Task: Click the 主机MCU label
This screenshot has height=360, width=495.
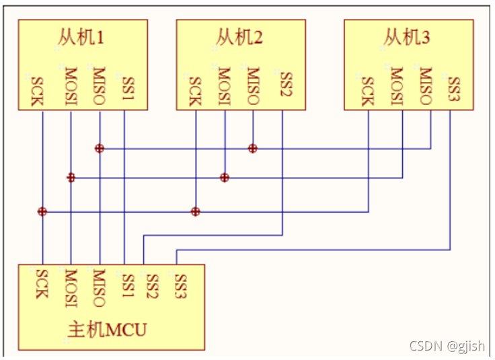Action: [108, 330]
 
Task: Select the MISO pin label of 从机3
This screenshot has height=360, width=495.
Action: [424, 86]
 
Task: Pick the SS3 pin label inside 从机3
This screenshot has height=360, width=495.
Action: [454, 87]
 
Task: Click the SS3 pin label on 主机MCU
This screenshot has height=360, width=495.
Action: [180, 285]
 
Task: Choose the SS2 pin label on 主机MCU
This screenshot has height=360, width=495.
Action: [151, 285]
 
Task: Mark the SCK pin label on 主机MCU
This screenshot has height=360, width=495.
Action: [41, 284]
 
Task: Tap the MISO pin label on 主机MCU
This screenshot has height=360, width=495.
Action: [98, 288]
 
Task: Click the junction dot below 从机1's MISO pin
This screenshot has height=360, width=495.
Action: [100, 148]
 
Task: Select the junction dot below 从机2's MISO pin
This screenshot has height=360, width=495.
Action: [253, 148]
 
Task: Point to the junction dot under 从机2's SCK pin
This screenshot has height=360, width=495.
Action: [196, 211]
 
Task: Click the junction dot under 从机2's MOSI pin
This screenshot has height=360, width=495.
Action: [225, 178]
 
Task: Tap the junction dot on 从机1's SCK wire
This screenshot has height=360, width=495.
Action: [42, 211]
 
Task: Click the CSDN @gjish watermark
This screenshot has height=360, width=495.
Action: [447, 345]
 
